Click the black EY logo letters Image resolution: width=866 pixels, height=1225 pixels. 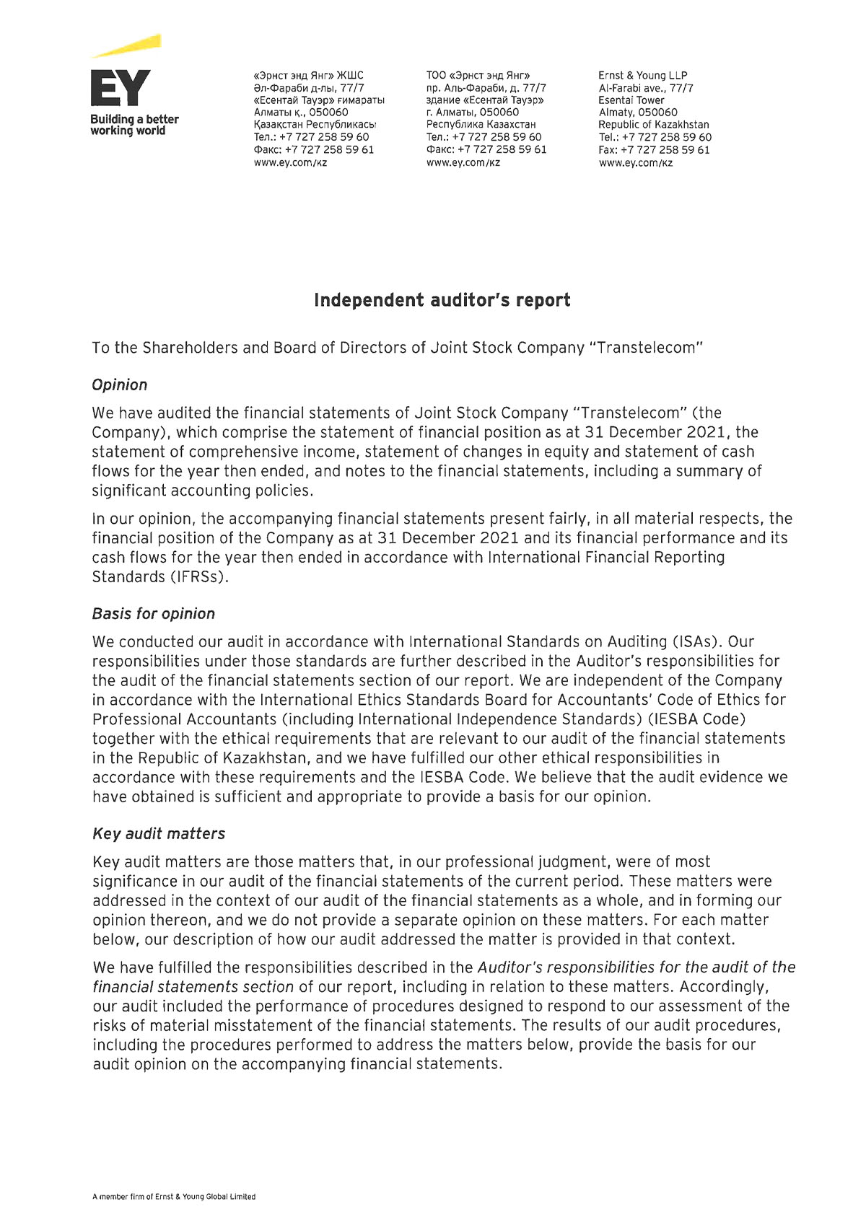coord(121,88)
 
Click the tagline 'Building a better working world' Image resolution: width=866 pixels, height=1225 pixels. coord(134,125)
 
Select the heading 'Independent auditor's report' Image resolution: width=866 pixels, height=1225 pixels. coord(442,300)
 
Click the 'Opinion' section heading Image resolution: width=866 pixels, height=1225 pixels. coord(119,385)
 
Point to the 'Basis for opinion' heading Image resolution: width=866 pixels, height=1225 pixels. coord(153,614)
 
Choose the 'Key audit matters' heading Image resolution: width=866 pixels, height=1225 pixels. coord(159,834)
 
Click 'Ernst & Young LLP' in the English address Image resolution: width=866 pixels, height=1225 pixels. coord(642,75)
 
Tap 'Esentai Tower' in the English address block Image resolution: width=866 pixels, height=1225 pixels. coord(631,100)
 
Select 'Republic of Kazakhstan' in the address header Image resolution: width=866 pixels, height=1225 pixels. coord(653,125)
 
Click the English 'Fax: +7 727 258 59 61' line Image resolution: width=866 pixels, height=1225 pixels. coord(654,150)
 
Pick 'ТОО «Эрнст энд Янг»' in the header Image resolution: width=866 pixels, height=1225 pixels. coord(478,75)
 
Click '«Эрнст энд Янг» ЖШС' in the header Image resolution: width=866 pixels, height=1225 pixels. coord(308,75)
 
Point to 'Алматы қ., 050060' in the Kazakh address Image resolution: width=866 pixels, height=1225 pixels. coord(300,113)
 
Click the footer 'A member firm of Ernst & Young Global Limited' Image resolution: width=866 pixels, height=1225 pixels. coord(174,1196)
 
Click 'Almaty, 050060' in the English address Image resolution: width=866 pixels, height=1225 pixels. coord(637,113)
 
